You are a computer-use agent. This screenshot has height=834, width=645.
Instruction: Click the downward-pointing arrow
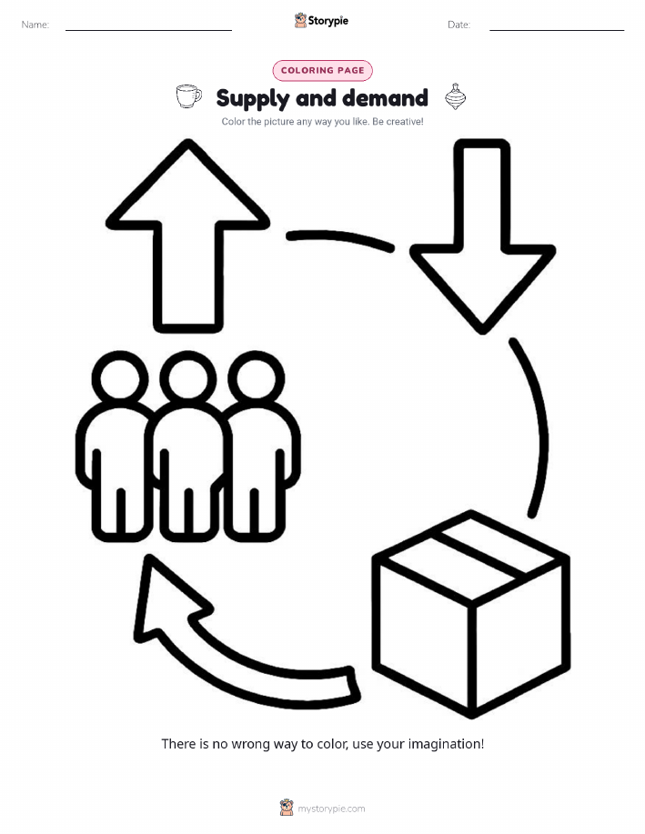[x=482, y=236]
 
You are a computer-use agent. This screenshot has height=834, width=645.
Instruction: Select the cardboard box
[x=471, y=614]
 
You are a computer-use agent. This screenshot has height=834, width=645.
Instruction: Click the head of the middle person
[x=187, y=378]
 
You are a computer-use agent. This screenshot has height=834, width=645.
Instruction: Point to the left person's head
[x=120, y=378]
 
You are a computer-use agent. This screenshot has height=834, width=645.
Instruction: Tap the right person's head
[x=256, y=378]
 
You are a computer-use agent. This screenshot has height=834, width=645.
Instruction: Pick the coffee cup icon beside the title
[x=189, y=96]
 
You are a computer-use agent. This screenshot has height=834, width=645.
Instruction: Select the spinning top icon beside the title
[x=456, y=96]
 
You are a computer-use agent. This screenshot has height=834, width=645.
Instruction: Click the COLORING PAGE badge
[x=322, y=70]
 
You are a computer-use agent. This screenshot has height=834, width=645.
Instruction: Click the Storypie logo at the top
[x=321, y=21]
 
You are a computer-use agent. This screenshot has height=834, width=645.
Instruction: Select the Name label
[x=35, y=25]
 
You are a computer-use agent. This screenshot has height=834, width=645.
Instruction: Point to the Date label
[x=459, y=25]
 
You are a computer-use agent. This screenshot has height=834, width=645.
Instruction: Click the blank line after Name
[x=148, y=30]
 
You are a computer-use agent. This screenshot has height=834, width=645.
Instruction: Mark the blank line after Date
[x=557, y=30]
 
